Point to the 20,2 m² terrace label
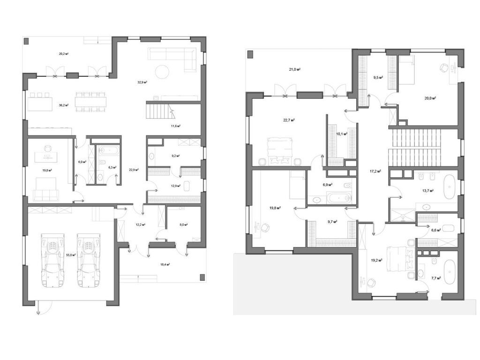click(64, 54)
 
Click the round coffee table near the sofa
click(163, 71)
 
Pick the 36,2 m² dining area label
click(64, 105)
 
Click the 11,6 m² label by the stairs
click(176, 126)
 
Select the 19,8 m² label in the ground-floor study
click(46, 171)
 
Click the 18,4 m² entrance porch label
click(165, 264)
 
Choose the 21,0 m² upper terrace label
click(294, 69)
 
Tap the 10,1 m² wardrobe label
click(342, 134)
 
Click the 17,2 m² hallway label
click(375, 172)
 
